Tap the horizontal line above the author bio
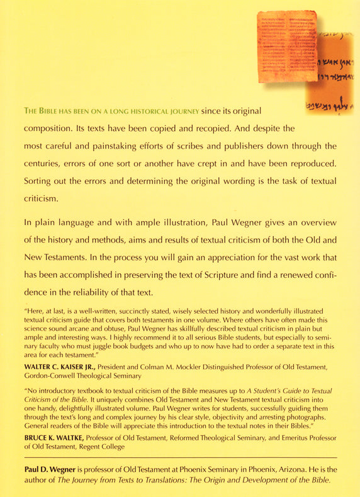(180, 456)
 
